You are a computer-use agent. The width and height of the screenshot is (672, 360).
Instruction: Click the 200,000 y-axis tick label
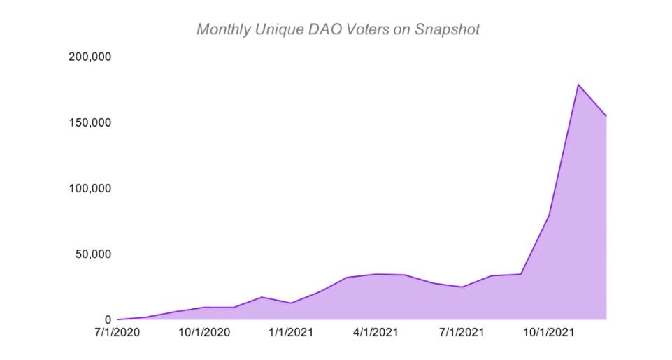click(90, 57)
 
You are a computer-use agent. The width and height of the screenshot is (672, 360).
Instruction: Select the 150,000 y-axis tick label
click(90, 122)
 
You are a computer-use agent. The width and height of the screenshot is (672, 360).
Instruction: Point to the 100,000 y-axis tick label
click(90, 188)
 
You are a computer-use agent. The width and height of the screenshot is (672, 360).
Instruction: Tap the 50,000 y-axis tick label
click(92, 254)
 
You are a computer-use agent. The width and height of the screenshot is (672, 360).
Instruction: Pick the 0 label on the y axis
click(108, 319)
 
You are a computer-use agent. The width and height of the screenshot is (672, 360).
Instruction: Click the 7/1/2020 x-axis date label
click(117, 331)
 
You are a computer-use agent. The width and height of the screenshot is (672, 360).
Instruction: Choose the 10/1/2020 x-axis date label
click(203, 331)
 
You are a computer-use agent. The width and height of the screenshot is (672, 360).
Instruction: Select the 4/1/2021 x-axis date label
click(375, 331)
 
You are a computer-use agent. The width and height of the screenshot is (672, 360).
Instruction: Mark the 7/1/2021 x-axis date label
click(461, 331)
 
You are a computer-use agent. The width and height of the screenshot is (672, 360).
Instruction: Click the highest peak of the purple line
click(578, 85)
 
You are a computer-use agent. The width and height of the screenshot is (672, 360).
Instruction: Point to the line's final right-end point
click(606, 116)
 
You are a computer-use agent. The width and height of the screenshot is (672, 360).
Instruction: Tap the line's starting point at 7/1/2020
click(118, 319)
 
